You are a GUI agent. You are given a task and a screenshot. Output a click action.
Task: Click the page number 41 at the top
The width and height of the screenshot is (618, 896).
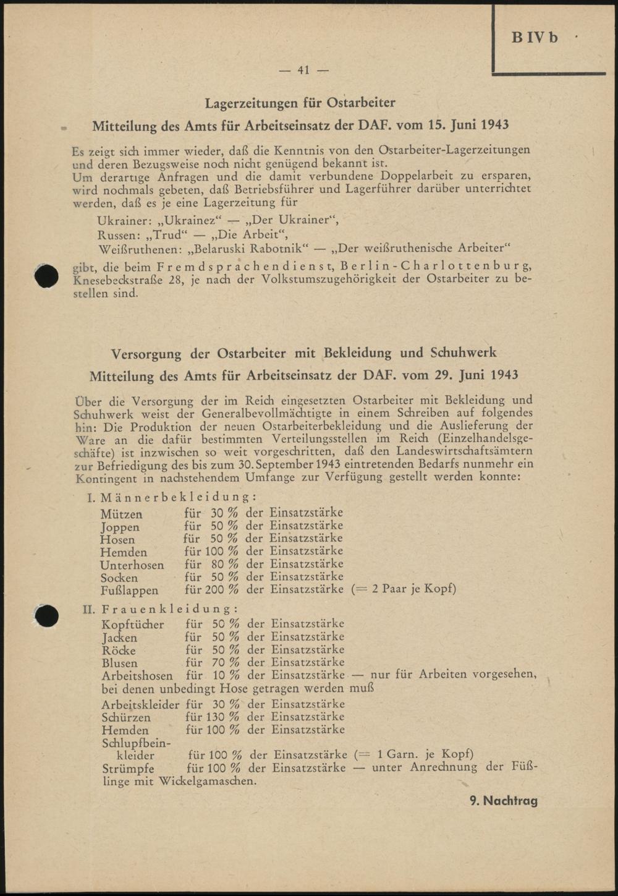coord(303,70)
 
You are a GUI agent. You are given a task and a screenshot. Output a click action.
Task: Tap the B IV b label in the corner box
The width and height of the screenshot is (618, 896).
coord(535,38)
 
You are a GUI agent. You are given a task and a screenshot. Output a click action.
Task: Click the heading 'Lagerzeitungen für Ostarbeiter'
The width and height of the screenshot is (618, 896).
coord(300,102)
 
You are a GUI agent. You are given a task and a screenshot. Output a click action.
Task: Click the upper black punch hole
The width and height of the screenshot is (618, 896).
coord(46,276)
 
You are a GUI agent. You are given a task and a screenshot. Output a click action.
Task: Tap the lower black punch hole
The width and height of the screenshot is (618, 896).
coord(46,615)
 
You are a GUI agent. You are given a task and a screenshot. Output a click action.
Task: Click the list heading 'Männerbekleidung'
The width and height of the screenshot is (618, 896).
coord(178,497)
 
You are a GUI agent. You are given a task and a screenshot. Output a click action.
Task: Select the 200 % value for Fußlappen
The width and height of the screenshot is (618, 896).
coord(222,590)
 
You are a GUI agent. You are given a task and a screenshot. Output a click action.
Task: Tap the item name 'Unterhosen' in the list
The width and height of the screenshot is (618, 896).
coord(132,565)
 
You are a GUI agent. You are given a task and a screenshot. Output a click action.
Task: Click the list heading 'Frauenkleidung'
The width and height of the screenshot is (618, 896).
coord(169,610)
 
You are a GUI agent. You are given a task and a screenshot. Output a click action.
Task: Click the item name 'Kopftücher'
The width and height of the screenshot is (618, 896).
coord(133,625)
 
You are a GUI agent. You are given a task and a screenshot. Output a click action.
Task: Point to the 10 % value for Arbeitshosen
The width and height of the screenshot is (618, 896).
coord(226,675)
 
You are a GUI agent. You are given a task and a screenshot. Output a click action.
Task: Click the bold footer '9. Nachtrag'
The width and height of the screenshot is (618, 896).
coord(503,801)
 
